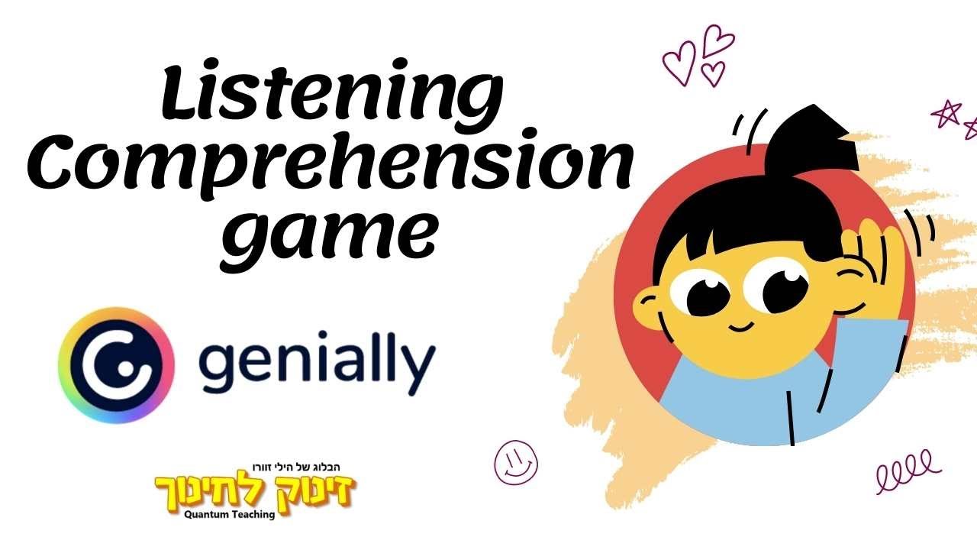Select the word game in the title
pyautogui.click(x=330, y=229)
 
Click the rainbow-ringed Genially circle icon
pyautogui.click(x=116, y=365)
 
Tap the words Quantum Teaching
pyautogui.click(x=229, y=514)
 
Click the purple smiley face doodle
pyautogui.click(x=516, y=461)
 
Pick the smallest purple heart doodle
pyautogui.click(x=713, y=73)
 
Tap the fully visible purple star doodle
pyautogui.click(x=946, y=114)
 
